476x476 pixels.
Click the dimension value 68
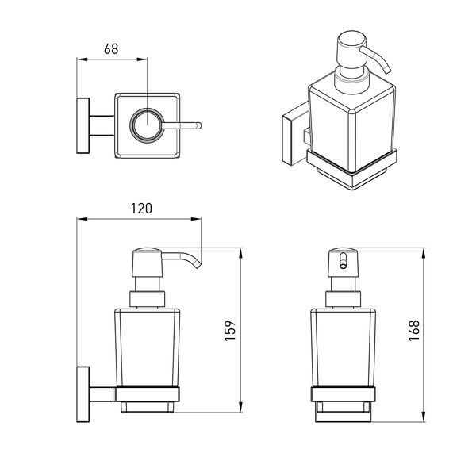tap(111, 49)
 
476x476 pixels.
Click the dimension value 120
tap(141, 209)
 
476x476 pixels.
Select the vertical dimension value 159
tap(230, 331)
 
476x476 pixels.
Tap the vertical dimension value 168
tap(414, 331)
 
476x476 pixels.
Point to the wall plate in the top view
tap(83, 125)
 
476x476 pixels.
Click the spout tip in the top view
tap(199, 125)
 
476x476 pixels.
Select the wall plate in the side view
tap(83, 394)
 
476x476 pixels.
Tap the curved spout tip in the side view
tap(198, 266)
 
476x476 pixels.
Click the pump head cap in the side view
tap(148, 263)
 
